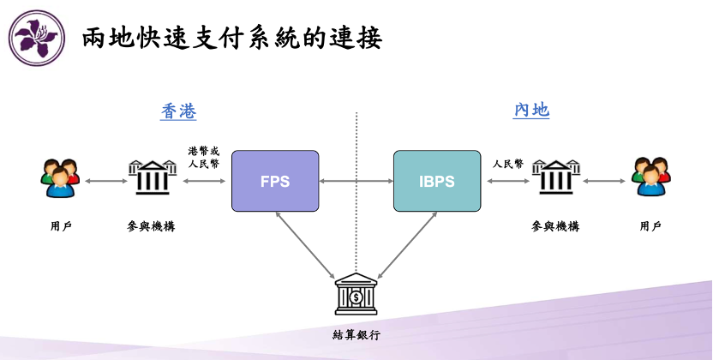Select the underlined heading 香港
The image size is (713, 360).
coord(178,111)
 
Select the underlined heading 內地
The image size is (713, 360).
coord(531,111)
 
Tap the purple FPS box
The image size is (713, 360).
coord(275,181)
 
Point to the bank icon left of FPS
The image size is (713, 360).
coord(153,178)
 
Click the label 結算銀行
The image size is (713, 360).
coord(356,334)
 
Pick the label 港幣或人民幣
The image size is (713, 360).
coord(204,156)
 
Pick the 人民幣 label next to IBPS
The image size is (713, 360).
coord(508,162)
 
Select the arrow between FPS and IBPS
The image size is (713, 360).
coord(356,182)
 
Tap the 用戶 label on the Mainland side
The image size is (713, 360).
coord(650,226)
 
